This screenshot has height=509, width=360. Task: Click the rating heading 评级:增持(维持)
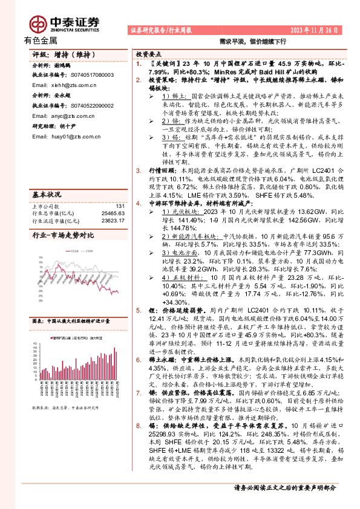(x=61, y=54)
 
